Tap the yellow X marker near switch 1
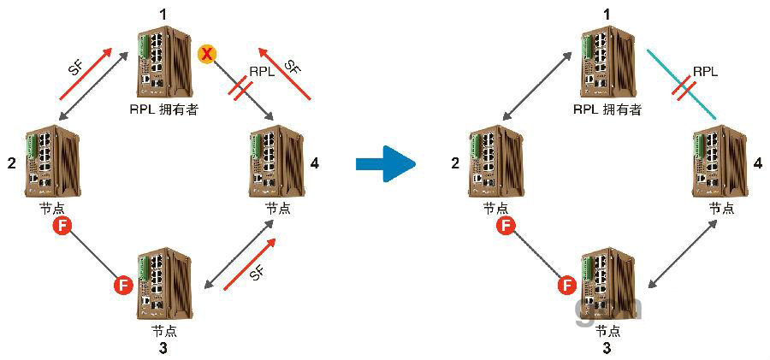206,55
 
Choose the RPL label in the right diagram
704,73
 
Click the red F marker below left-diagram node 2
62,226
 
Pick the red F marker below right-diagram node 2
506,226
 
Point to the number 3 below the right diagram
606,348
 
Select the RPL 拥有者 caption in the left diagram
164,109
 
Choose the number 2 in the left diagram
12,162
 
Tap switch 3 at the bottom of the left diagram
164,283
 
